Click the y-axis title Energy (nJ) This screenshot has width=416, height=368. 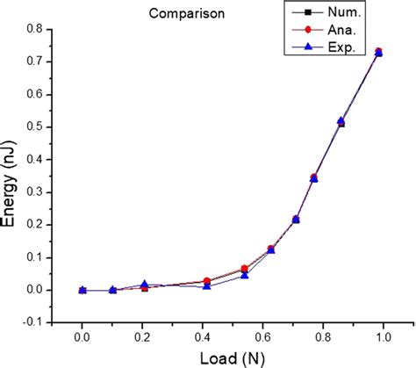[14, 176]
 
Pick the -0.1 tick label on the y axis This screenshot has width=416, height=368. [35, 322]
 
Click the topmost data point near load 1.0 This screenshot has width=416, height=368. [378, 52]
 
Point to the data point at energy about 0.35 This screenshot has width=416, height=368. [314, 177]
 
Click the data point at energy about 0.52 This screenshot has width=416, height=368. [341, 121]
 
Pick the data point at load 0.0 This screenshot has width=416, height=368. [82, 290]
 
